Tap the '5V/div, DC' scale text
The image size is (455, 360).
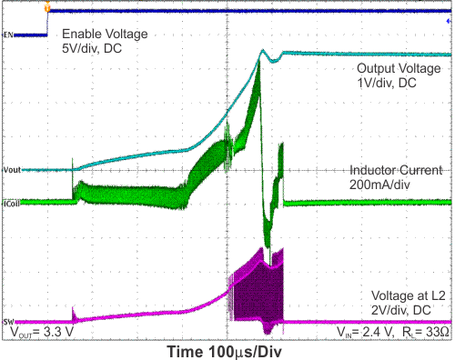[91, 49]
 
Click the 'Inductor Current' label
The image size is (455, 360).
[396, 170]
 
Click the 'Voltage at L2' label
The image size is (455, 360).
[407, 297]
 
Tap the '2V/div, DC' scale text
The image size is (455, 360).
[406, 312]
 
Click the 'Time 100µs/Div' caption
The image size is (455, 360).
[227, 350]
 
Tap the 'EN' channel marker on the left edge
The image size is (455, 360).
[7, 35]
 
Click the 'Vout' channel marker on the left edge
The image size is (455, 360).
[12, 170]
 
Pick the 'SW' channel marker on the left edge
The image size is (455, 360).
[7, 322]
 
